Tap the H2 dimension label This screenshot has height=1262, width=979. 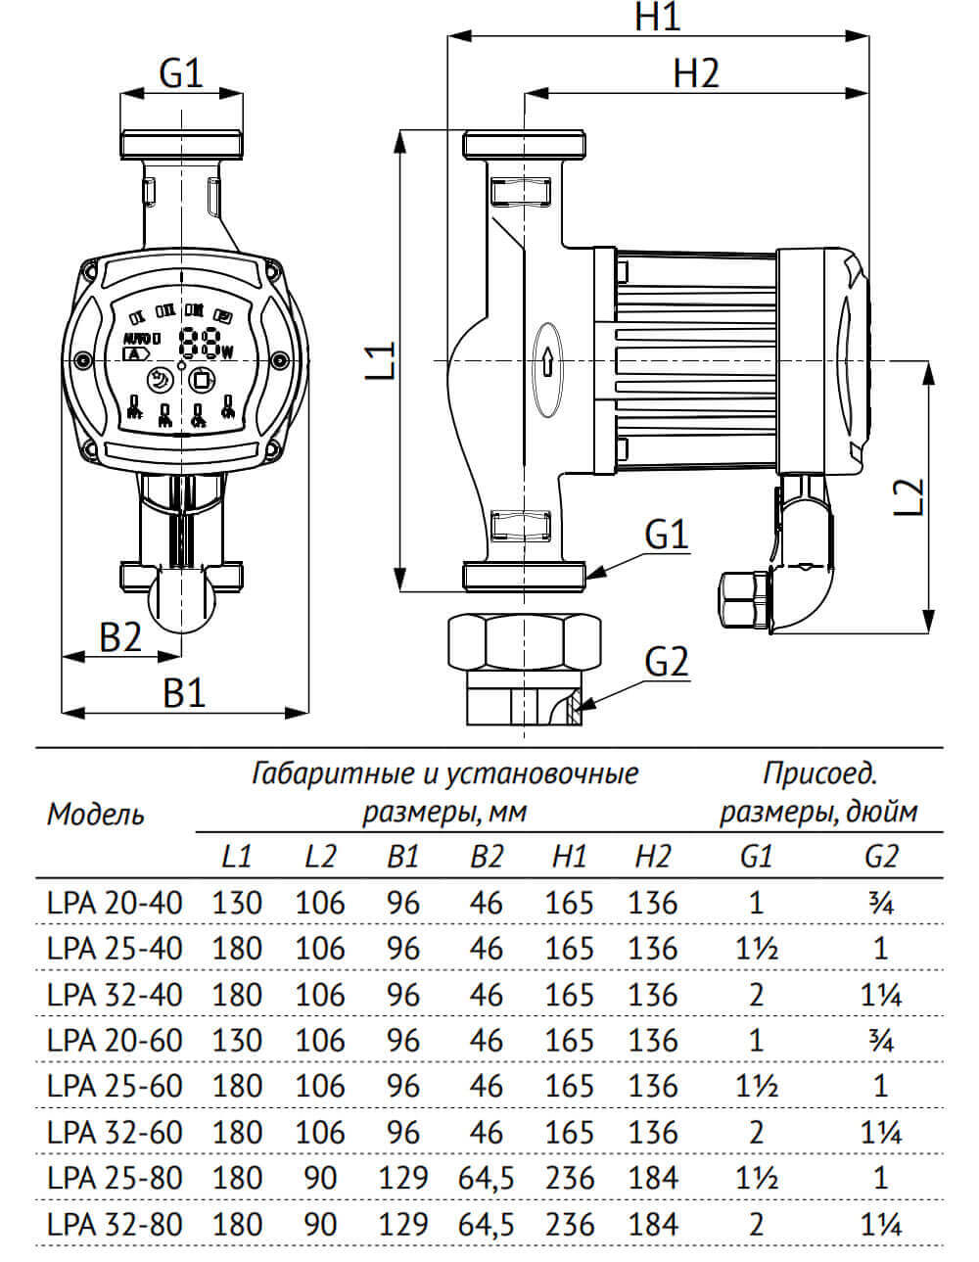pos(696,73)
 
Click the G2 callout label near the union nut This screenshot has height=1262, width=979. pos(667,663)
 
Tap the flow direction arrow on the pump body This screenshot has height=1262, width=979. pos(548,363)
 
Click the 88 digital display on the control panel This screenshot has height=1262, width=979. pos(199,342)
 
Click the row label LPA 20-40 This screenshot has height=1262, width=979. pos(115,903)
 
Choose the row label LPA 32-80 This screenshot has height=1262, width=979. pos(115,1224)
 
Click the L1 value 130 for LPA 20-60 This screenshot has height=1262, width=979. pos(237,1041)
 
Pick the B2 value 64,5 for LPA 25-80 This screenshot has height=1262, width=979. pos(486,1178)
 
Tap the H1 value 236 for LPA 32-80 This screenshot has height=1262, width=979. pos(569,1224)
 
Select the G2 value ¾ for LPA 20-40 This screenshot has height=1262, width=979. pos(880,903)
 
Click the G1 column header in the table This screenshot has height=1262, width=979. pos(755,857)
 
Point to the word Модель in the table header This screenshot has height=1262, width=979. pos(96,814)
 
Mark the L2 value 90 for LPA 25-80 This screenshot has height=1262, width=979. pos(320,1178)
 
